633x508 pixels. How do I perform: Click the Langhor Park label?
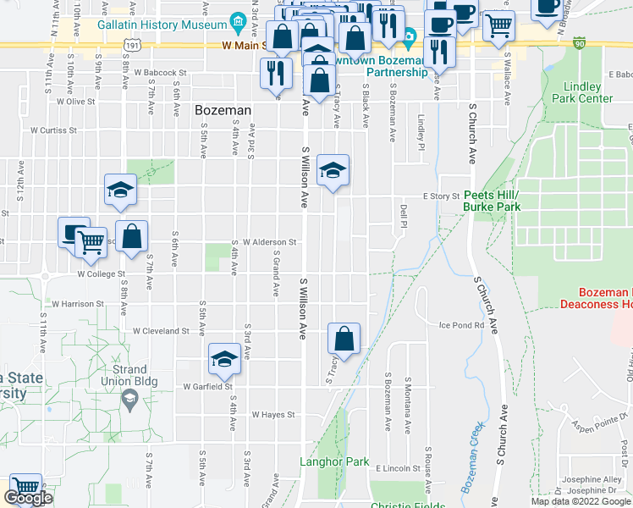[x=335, y=462]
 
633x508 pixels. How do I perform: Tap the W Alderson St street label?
[x=269, y=241]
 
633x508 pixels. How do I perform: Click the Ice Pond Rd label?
[x=461, y=324]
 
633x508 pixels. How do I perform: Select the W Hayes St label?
[x=272, y=415]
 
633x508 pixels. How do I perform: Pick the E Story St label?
[x=439, y=196]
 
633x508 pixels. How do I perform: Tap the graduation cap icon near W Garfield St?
[x=224, y=359]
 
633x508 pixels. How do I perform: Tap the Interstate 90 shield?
[x=578, y=41]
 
